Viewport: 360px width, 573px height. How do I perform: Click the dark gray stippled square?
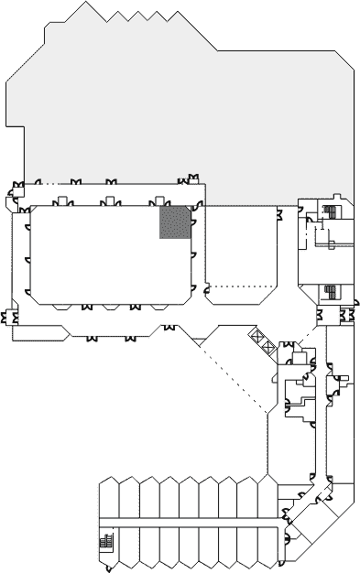174,222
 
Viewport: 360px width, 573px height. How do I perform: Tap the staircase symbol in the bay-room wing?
105,542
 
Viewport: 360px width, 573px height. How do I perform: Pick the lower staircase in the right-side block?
331,293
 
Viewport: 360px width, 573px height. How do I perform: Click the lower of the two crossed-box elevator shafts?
267,346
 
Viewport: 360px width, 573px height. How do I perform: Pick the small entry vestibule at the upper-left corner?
18,194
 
